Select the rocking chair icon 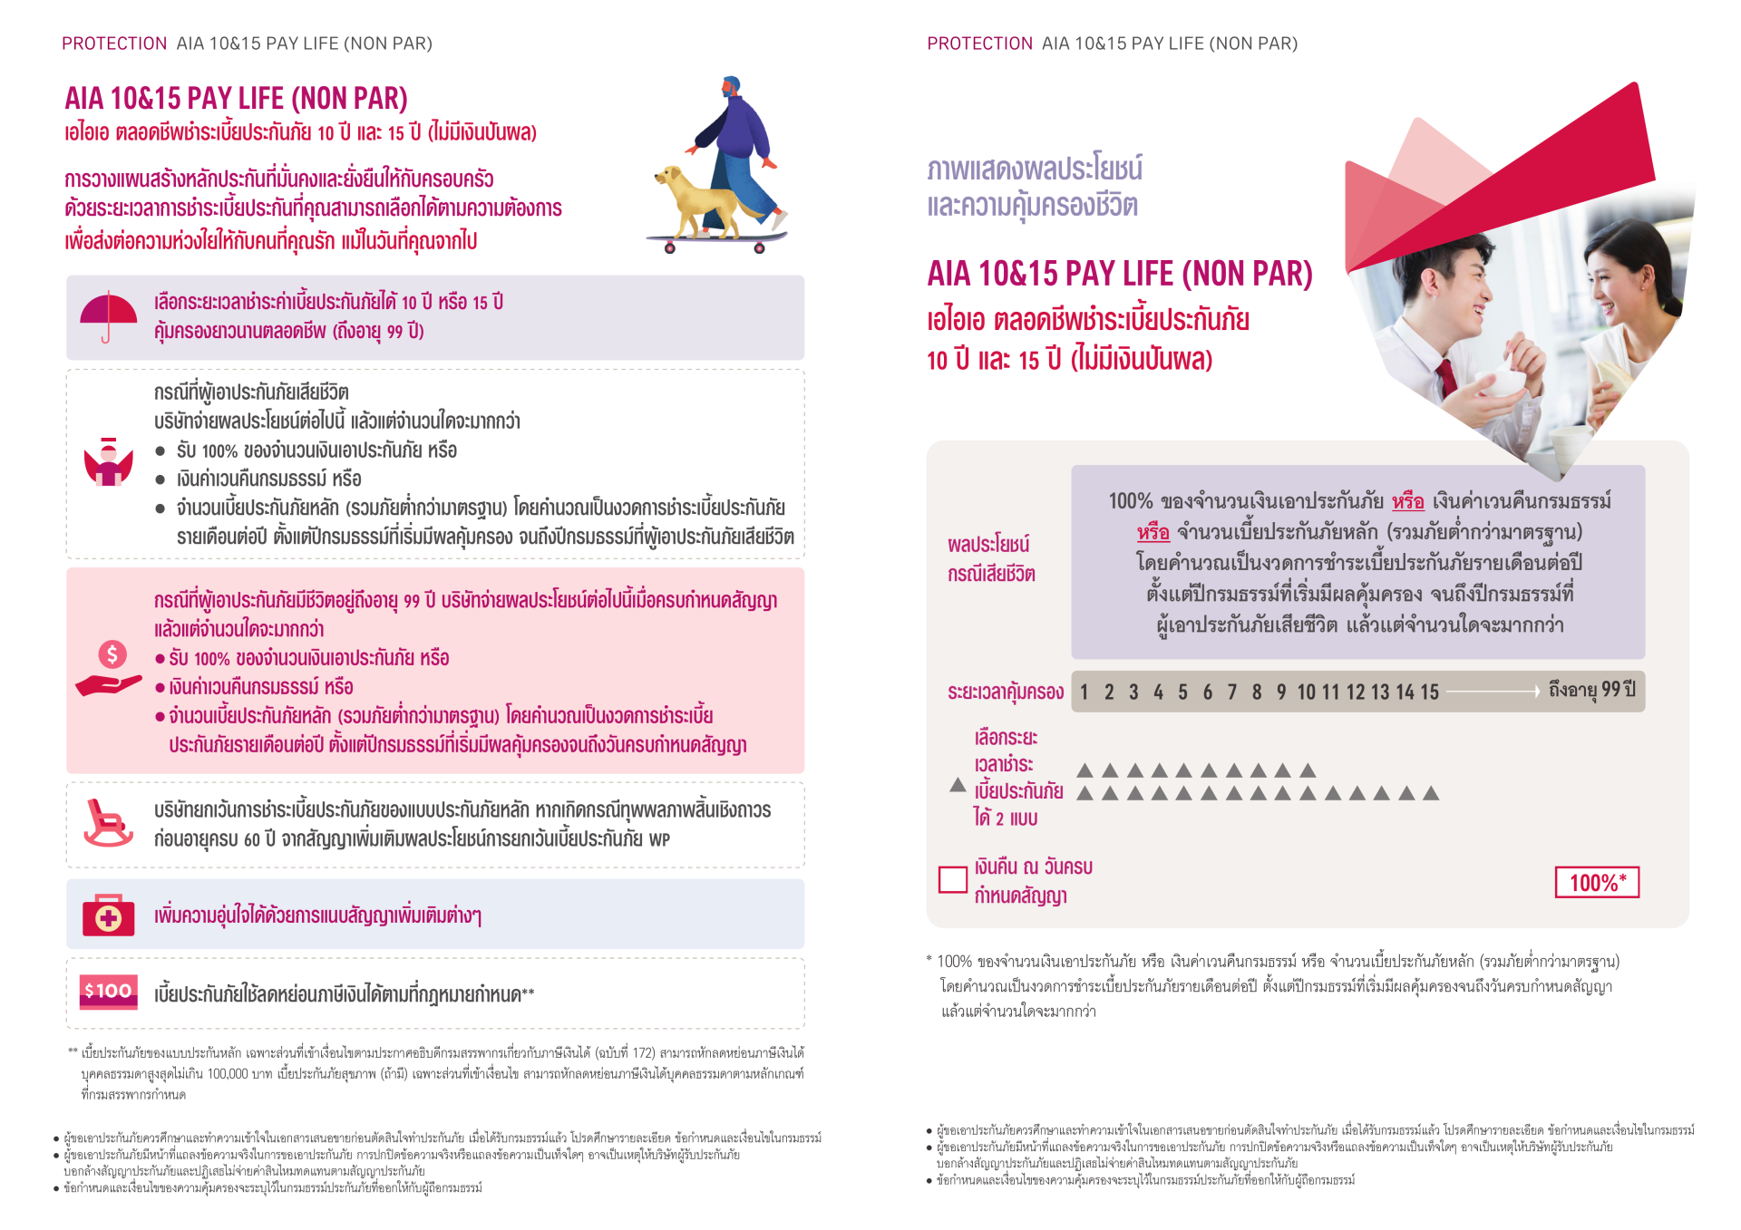(106, 822)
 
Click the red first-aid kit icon (108, 915)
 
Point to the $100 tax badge (108, 992)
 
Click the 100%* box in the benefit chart (1597, 882)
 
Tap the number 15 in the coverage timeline (1429, 692)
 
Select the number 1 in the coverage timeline (1084, 692)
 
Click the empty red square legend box (952, 879)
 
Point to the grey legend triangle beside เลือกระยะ (957, 785)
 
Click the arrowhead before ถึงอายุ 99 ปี (1536, 692)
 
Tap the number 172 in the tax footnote (643, 1053)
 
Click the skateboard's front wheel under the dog (670, 248)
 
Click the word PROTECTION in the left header (114, 44)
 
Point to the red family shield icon (108, 463)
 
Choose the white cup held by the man (1506, 381)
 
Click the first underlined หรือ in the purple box (1407, 501)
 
